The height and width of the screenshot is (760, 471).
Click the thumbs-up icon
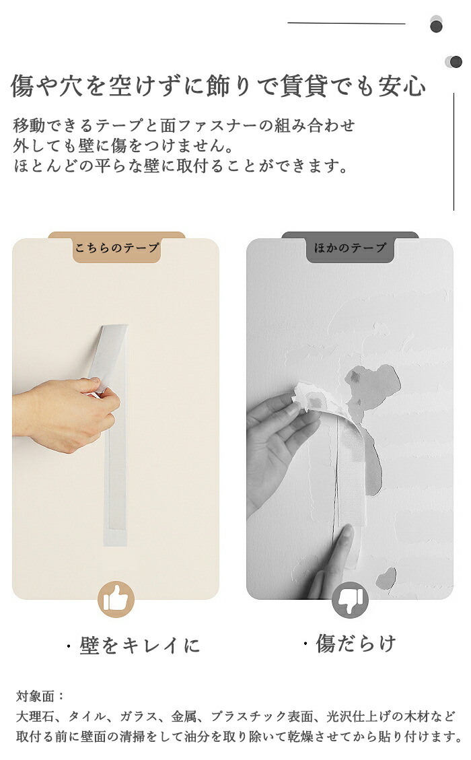point(116,600)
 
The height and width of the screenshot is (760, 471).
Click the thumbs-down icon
point(351,600)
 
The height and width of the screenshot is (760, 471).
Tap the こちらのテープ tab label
point(117,248)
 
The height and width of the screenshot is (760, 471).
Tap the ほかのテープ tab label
point(351,248)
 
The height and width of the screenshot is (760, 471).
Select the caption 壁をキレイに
point(139,646)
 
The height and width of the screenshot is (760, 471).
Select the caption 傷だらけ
point(356,644)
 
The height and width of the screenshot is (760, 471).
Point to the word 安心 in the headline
point(402,86)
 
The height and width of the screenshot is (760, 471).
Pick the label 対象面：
point(40,697)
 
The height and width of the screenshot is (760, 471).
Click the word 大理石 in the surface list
point(35,716)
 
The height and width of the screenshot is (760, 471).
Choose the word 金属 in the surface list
point(184,716)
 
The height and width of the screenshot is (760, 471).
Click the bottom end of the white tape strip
point(115,545)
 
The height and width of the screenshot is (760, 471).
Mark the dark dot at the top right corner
point(437,26)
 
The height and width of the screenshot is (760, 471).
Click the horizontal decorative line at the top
point(347,24)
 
